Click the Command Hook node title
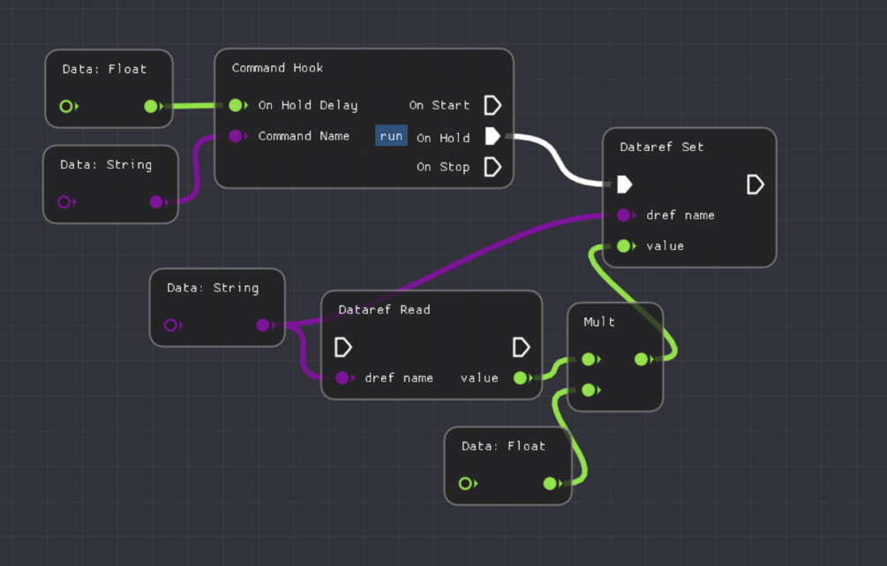[277, 68]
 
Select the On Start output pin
[492, 106]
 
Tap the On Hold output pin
[492, 137]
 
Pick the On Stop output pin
[492, 167]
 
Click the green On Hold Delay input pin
[236, 106]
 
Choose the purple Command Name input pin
[236, 136]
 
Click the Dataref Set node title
[661, 147]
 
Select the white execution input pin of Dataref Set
[624, 185]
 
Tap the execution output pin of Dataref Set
[755, 185]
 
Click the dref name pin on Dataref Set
[624, 215]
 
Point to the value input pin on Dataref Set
[624, 246]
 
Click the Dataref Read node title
[384, 310]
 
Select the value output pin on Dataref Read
[521, 378]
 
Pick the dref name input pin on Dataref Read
[342, 378]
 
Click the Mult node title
[599, 322]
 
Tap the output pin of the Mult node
[642, 359]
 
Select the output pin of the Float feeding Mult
[550, 484]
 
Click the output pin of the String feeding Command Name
[156, 202]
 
